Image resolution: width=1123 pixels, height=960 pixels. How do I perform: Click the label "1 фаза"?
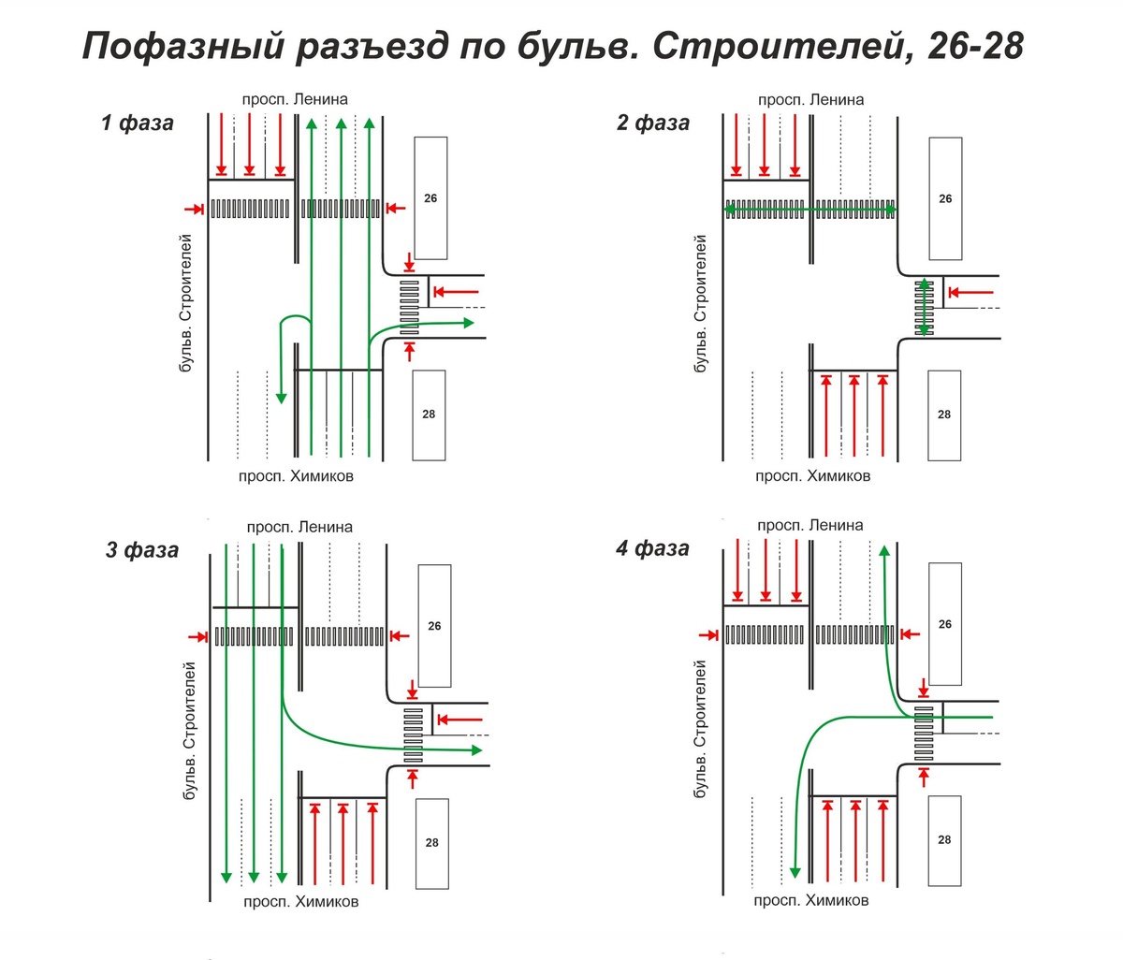pyautogui.click(x=138, y=123)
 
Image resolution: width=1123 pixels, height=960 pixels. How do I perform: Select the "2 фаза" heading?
pyautogui.click(x=653, y=123)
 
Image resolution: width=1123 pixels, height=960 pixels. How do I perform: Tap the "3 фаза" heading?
pyautogui.click(x=141, y=549)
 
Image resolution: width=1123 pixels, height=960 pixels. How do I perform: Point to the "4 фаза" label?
pyautogui.click(x=652, y=548)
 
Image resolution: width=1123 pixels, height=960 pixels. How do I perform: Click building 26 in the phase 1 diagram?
pyautogui.click(x=430, y=198)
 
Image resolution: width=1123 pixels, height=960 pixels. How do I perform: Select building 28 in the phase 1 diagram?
pyautogui.click(x=429, y=415)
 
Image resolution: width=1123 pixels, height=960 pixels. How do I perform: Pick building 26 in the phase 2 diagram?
pyautogui.click(x=945, y=198)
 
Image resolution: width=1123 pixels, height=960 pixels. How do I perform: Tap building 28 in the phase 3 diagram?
pyautogui.click(x=431, y=842)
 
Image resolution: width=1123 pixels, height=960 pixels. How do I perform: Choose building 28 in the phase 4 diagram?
pyautogui.click(x=944, y=839)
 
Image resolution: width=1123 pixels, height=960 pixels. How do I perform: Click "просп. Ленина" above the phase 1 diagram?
pyautogui.click(x=295, y=99)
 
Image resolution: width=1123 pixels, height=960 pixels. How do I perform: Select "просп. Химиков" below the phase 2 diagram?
pyautogui.click(x=812, y=476)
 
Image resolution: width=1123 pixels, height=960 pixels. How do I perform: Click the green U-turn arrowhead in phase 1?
pyautogui.click(x=281, y=398)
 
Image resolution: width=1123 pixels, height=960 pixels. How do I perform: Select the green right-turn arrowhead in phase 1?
pyautogui.click(x=468, y=322)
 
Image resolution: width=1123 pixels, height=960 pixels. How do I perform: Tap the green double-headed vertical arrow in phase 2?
pyautogui.click(x=925, y=307)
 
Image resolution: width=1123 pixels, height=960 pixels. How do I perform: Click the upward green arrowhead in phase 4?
pyautogui.click(x=884, y=549)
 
